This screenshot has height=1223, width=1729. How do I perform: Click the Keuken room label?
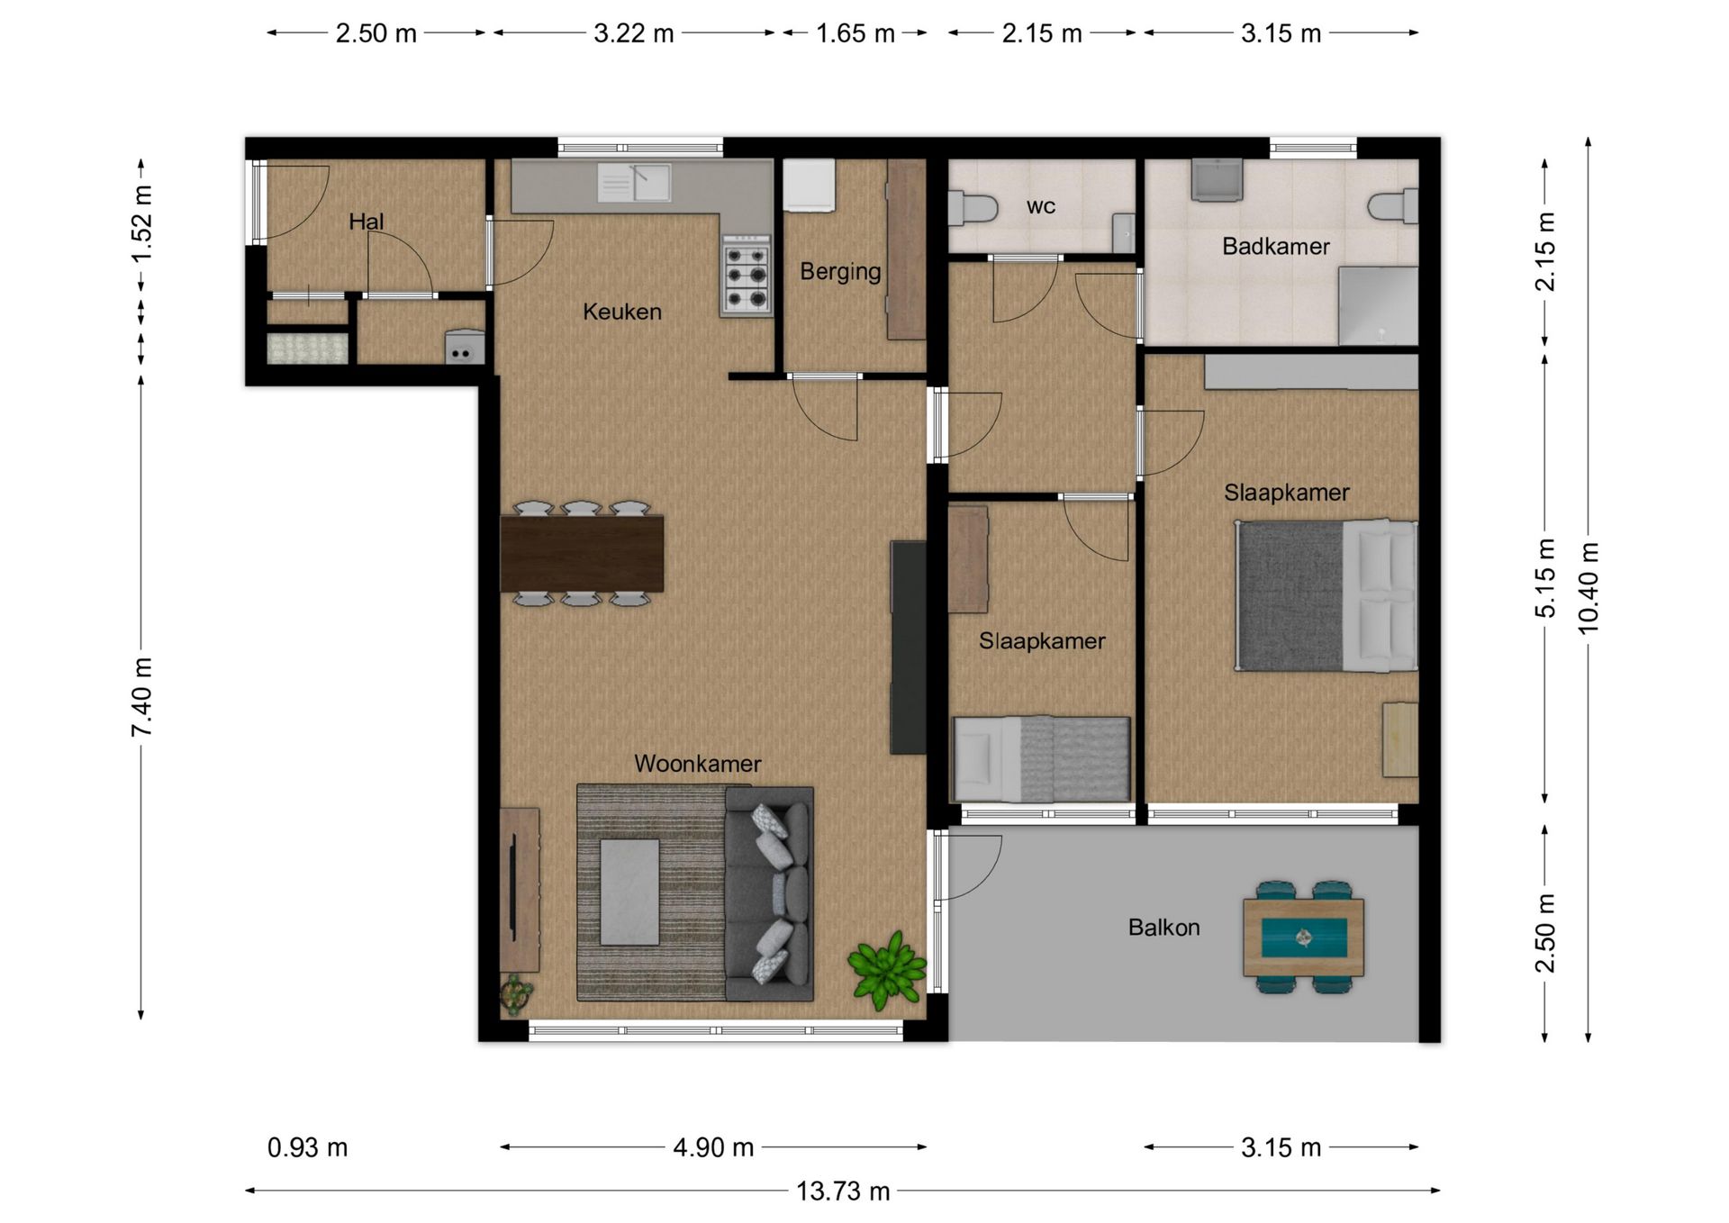click(622, 312)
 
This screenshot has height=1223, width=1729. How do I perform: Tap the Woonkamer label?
click(698, 764)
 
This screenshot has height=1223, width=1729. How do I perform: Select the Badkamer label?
click(1275, 246)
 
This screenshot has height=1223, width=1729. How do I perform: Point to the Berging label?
click(840, 272)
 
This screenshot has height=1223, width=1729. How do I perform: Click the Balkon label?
click(1163, 927)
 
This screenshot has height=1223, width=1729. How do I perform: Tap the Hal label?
click(367, 222)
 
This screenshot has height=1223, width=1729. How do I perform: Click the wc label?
click(1040, 206)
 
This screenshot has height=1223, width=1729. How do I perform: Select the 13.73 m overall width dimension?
click(843, 1191)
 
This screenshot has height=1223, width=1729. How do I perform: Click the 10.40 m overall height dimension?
click(1589, 588)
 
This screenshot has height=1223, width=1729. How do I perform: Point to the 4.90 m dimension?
click(713, 1147)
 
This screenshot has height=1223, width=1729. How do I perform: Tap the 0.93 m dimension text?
click(307, 1147)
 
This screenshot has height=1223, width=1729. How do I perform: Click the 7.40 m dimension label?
click(141, 697)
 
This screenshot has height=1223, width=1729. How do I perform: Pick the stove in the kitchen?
click(747, 275)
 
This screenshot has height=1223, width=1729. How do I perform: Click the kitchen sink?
click(634, 183)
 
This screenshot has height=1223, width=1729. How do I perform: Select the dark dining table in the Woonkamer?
click(582, 553)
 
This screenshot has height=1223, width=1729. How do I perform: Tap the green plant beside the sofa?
click(887, 969)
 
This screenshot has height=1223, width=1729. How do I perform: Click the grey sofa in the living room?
click(770, 894)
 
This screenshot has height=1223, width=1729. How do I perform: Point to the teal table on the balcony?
click(1303, 938)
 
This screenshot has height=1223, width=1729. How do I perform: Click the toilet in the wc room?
click(973, 208)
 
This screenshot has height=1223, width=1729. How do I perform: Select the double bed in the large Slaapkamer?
click(1326, 595)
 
